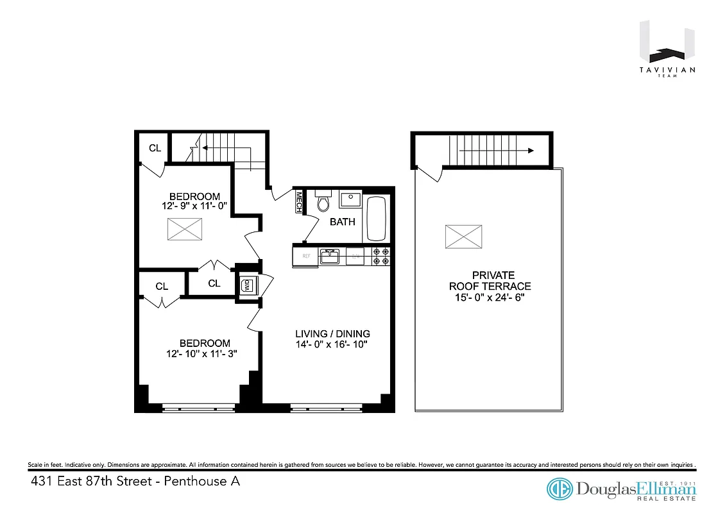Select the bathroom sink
(350, 199)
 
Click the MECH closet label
(298, 203)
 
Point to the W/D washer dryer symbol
(246, 285)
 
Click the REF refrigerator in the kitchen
(306, 256)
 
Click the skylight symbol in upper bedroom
(185, 229)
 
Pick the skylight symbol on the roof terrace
(463, 237)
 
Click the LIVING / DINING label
(332, 333)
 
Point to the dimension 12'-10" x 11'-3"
(204, 353)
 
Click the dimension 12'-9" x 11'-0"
(195, 206)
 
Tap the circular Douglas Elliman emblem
(559, 489)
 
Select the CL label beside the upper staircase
(155, 148)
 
